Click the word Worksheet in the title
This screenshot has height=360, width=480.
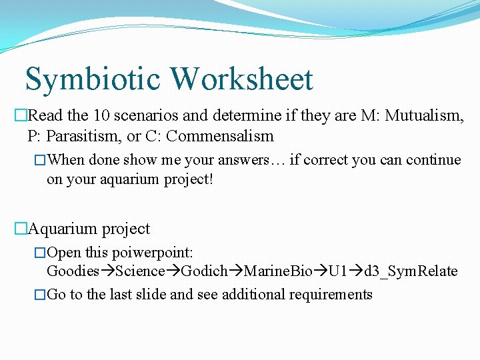pos(241,79)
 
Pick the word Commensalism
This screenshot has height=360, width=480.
pos(220,137)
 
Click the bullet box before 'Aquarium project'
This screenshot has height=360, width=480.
pos(19,229)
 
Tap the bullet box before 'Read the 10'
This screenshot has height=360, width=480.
pos(19,117)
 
